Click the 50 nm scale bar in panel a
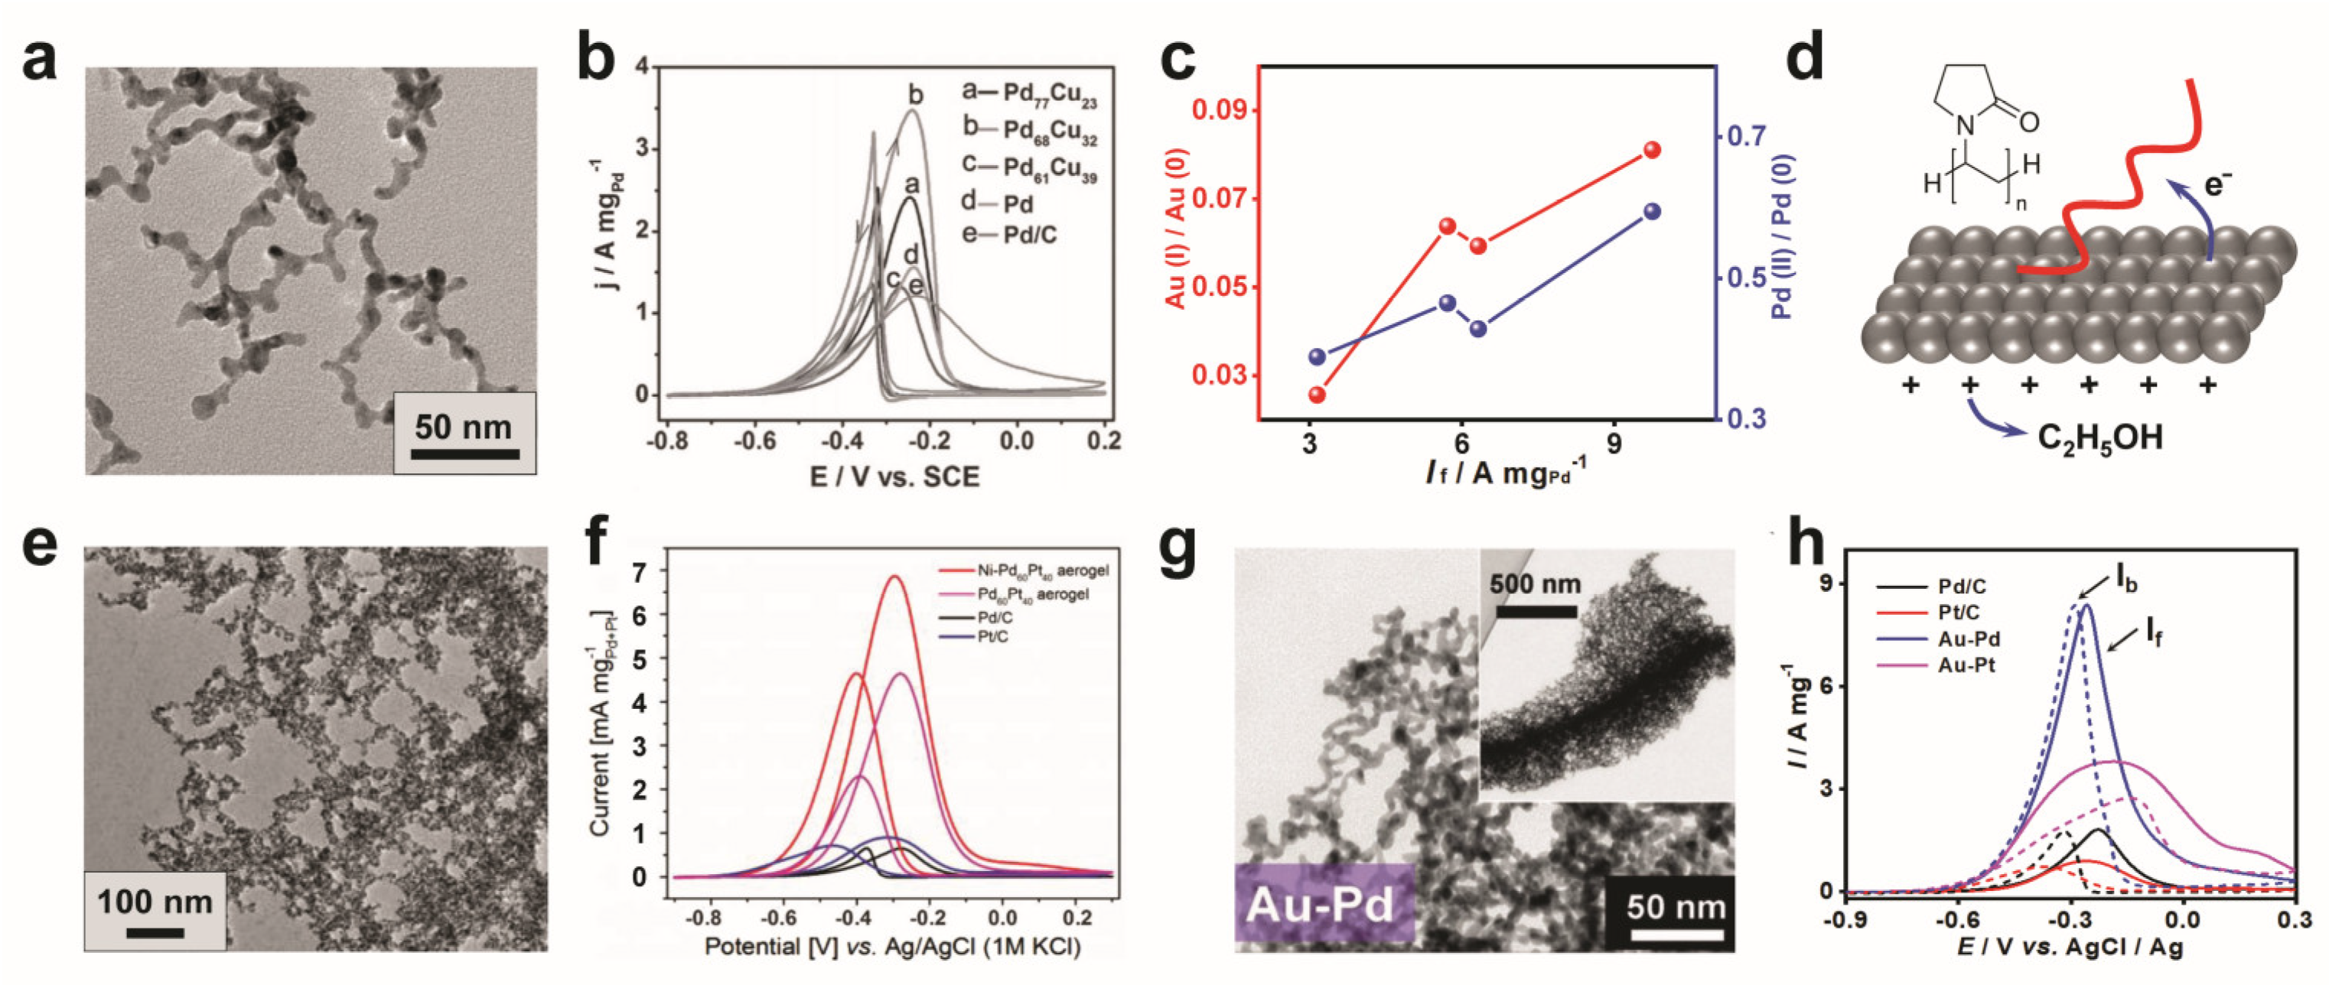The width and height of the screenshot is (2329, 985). click(464, 453)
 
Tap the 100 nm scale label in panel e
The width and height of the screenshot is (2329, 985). click(155, 902)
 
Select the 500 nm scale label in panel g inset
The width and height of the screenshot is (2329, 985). click(1535, 585)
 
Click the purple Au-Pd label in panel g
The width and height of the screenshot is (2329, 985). click(1321, 905)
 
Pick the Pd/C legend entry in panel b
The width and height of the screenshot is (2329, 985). click(1029, 236)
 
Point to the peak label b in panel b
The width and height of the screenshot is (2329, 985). click(915, 94)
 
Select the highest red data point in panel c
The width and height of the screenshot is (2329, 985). click(1653, 150)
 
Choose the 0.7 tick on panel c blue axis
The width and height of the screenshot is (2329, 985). click(1746, 136)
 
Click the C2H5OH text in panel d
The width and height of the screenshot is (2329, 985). click(2099, 439)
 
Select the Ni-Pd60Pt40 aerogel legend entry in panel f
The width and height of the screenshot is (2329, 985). click(1041, 571)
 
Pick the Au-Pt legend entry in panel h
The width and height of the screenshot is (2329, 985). click(1966, 665)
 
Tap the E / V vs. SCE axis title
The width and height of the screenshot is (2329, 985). click(894, 476)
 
